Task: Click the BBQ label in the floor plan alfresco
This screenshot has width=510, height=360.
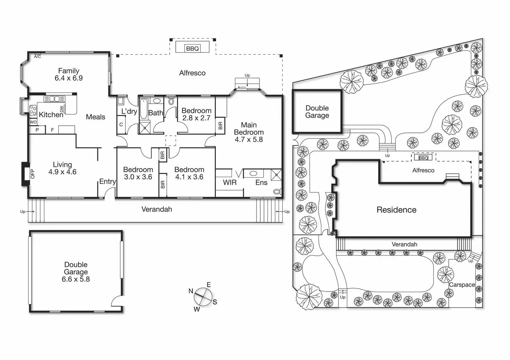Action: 192,48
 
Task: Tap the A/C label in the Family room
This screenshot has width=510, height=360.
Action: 37,56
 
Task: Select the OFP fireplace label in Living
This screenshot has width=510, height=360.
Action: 33,173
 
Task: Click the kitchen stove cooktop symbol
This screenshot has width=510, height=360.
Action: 33,110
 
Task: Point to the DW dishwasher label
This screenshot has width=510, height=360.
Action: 62,109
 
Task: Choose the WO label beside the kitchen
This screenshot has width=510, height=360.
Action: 33,122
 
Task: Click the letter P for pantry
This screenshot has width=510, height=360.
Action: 37,130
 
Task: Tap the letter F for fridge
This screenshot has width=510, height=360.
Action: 53,130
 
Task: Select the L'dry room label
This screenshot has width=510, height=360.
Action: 129,111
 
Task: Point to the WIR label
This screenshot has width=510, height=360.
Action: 230,182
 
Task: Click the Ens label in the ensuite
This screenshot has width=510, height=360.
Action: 261,182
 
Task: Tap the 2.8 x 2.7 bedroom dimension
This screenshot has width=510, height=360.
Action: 196,118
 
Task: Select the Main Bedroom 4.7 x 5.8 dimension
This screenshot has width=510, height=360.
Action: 249,139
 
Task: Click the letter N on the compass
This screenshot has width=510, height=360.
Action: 191,291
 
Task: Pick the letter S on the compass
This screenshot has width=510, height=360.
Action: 215,302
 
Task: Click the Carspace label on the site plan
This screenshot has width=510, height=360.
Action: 462,285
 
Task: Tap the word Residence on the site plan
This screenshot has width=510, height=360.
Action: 396,210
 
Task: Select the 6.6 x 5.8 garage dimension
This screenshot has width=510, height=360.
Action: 76,279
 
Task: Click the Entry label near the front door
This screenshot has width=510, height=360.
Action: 107,182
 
